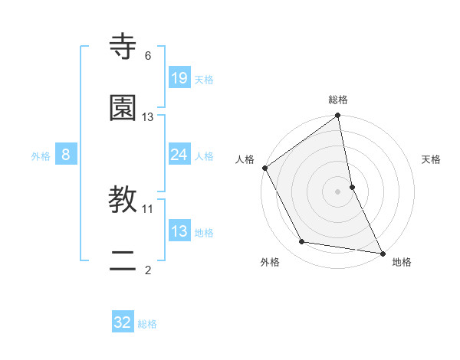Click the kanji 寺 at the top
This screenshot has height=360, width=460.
123,47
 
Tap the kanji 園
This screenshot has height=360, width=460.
123,108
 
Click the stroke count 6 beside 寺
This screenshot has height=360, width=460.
148,55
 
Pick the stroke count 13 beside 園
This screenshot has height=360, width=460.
148,116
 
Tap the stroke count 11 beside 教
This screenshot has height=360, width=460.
148,208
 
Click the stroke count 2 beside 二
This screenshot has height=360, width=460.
148,270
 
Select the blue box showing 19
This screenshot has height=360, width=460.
179,77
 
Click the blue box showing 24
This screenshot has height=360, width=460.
179,155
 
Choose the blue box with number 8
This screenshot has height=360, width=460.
66,155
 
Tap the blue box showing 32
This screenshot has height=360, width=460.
123,322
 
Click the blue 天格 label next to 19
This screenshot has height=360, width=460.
204,79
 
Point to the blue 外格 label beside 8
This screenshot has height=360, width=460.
41,156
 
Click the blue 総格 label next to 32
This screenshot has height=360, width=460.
147,324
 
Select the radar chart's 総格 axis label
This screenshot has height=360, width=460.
338,100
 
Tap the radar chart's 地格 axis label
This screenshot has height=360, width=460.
402,263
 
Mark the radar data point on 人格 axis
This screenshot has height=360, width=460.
264,168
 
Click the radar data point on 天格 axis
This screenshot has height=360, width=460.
352,187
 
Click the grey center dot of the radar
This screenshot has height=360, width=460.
338,191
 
